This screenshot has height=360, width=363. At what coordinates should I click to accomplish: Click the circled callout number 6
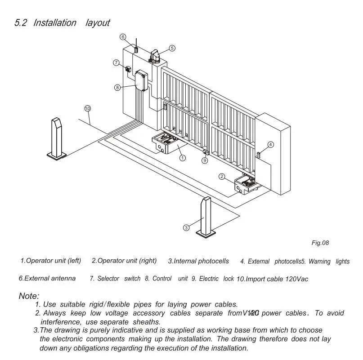[x=123, y=36]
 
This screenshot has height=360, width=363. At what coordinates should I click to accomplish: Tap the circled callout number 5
[x=172, y=48]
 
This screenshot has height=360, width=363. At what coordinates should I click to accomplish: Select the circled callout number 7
[x=116, y=62]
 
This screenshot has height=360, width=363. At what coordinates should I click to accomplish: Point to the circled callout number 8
[x=117, y=88]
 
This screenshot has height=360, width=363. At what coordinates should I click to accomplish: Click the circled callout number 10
[x=87, y=108]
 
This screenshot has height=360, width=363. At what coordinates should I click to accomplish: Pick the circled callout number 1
[x=183, y=158]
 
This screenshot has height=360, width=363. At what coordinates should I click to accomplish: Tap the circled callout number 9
[x=205, y=160]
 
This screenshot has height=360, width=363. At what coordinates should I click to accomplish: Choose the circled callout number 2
[x=222, y=177]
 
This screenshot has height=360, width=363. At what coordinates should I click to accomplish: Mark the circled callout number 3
[x=186, y=228]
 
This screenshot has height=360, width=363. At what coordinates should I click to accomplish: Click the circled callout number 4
[x=270, y=145]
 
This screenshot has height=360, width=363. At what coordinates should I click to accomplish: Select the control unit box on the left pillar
[x=142, y=81]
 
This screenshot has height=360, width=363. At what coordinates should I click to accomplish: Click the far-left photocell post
[x=58, y=137]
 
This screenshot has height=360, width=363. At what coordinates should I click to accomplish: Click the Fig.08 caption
[x=320, y=243]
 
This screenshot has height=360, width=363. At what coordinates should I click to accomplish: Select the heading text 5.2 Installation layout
[x=62, y=22]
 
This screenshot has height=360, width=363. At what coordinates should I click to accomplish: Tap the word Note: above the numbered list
[x=29, y=296]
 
